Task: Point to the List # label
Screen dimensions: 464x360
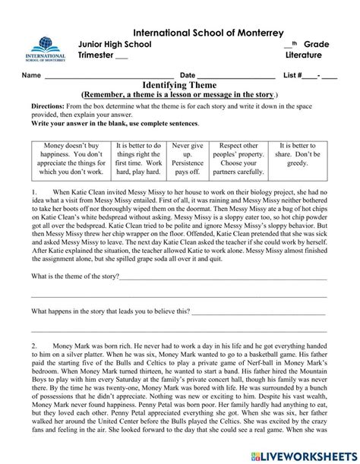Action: tap(292, 76)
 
